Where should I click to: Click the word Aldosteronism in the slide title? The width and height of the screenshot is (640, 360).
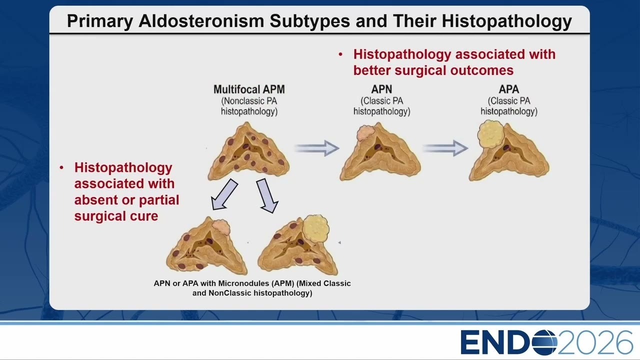click(x=201, y=21)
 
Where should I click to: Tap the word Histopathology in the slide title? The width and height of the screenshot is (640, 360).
click(x=507, y=21)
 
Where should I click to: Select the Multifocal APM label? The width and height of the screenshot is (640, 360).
click(x=249, y=89)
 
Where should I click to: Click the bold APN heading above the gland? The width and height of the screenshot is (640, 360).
click(x=381, y=89)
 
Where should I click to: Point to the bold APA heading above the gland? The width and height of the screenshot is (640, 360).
click(x=509, y=89)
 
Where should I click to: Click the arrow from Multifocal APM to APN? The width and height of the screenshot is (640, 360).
click(x=316, y=148)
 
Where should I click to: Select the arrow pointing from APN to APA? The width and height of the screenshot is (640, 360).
click(x=445, y=148)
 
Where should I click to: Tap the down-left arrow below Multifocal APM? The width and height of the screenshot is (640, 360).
click(x=224, y=195)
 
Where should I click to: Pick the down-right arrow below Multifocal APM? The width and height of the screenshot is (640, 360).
click(x=267, y=196)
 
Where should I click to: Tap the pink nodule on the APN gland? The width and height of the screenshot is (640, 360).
click(x=365, y=133)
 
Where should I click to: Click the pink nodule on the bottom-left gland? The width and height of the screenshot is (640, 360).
click(x=221, y=227)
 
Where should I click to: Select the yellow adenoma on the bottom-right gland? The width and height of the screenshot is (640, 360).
click(x=315, y=228)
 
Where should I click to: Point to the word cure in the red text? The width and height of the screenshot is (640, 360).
click(x=144, y=216)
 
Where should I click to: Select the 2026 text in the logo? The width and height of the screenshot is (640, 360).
click(x=595, y=342)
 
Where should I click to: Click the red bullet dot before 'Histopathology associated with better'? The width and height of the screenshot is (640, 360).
click(x=340, y=54)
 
